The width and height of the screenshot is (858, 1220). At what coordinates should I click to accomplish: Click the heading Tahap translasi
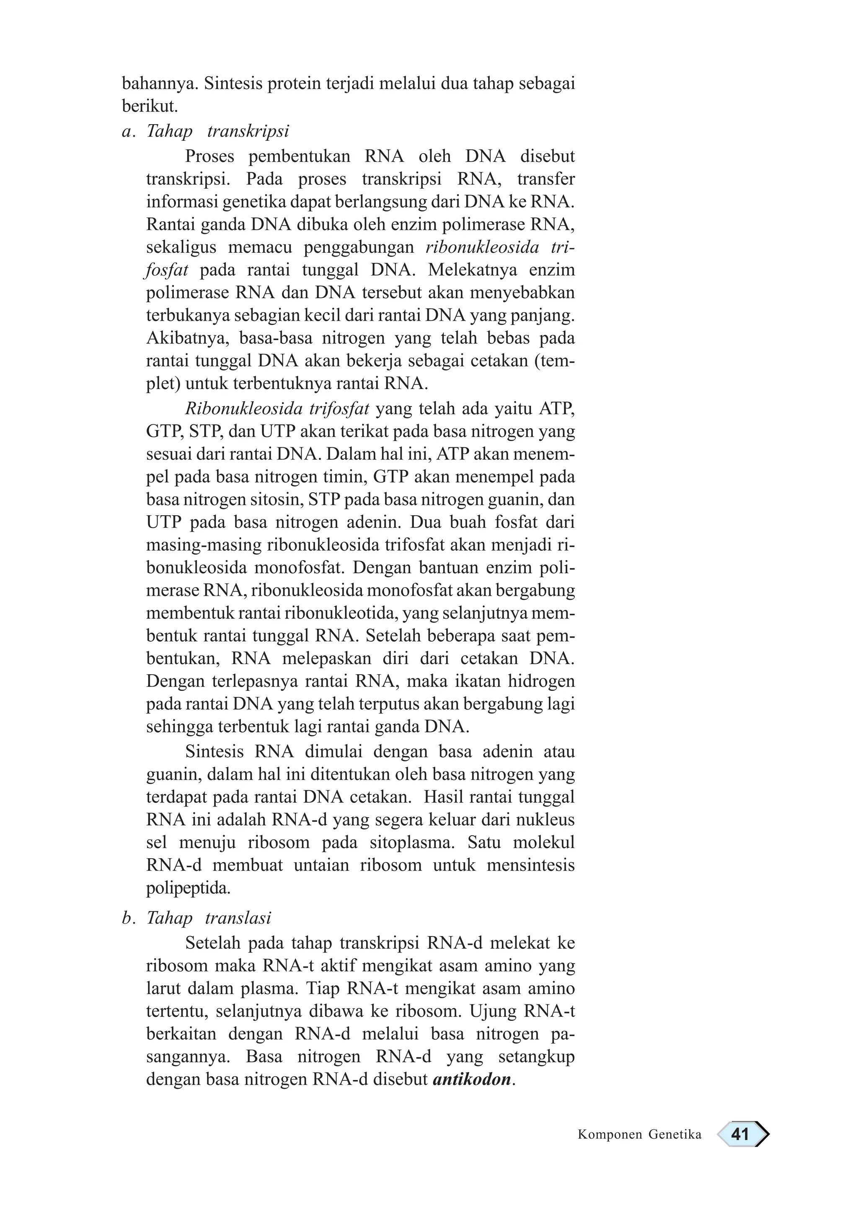[208, 918]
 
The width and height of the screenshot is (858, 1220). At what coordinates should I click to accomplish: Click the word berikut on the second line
[149, 107]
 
